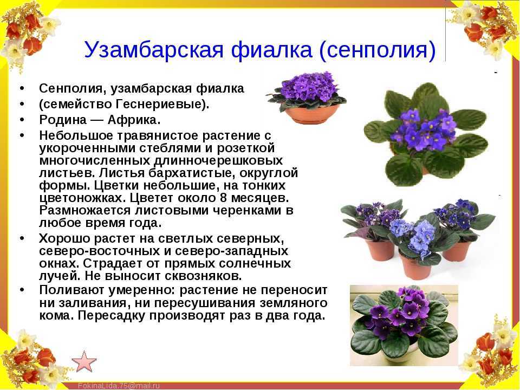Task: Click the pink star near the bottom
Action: point(84,361)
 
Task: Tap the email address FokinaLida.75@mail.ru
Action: point(119,386)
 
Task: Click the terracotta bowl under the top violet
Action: point(310,114)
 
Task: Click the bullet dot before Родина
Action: point(22,119)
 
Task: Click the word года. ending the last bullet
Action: point(309,315)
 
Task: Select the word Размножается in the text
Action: point(85,211)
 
